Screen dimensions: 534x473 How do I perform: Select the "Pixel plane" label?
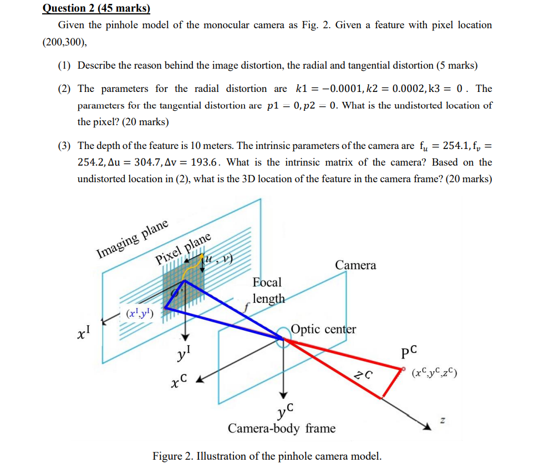pos(183,249)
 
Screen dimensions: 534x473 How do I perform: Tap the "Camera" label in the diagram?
pos(355,265)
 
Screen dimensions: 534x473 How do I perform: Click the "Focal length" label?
pos(268,290)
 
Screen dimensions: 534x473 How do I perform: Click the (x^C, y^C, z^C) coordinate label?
pos(435,372)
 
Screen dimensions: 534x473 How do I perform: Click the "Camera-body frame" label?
pos(282,428)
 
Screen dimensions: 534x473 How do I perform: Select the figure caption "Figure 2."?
pos(172,456)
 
